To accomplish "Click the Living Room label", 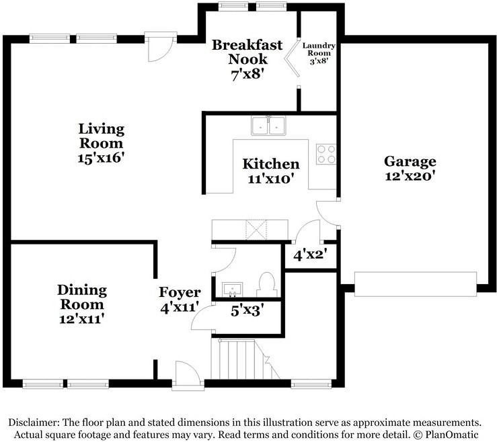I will pyautogui.click(x=101, y=135).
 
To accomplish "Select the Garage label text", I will pyautogui.click(x=410, y=161).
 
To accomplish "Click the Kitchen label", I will pyautogui.click(x=270, y=164).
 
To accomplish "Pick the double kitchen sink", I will pyautogui.click(x=269, y=126).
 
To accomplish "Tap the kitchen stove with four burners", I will pyautogui.click(x=326, y=154).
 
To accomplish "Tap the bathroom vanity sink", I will pyautogui.click(x=233, y=290).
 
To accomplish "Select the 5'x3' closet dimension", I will pyautogui.click(x=246, y=312).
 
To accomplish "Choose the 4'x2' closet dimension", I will pyautogui.click(x=310, y=255).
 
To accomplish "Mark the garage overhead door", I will pyautogui.click(x=415, y=283).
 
